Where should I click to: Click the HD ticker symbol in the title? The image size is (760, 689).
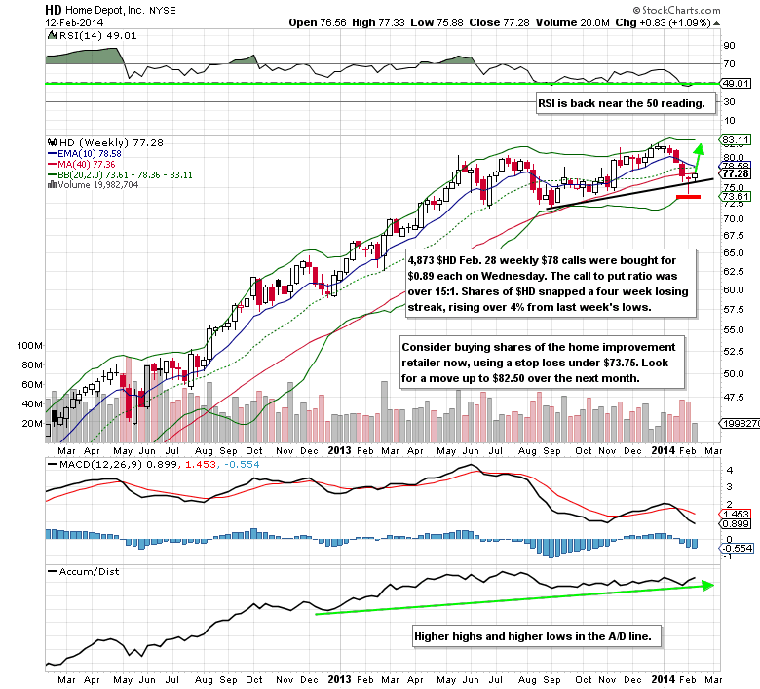pos(52,7)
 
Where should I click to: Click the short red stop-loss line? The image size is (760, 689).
pos(689,197)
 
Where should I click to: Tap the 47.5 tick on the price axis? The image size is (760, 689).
pos(732,397)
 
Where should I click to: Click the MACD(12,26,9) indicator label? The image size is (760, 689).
pos(95,464)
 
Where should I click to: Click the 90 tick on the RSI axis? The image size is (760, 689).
pos(727,45)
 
